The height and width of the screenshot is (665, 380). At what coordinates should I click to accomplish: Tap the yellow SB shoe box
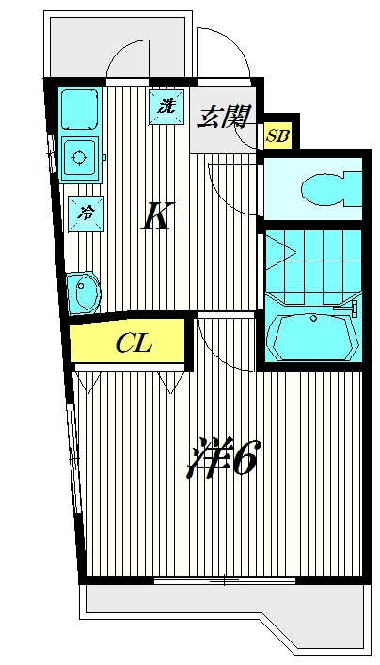coord(277,135)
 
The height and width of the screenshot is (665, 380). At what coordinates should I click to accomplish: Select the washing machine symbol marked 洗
coord(166,107)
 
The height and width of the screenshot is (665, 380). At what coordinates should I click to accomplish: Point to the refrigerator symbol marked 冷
coord(87,214)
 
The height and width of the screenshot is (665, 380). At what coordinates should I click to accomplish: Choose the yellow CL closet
coord(127,341)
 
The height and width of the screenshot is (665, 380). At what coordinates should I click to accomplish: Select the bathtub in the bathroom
coord(313,337)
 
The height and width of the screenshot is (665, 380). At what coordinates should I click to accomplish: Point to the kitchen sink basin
coord(81,108)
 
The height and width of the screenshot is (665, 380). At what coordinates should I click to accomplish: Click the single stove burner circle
coord(79,159)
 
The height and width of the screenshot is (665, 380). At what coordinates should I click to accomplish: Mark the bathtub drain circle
coord(313,318)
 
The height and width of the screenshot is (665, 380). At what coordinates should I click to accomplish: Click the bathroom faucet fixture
coord(349,309)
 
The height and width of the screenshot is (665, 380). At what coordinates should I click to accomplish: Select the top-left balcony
coord(118,47)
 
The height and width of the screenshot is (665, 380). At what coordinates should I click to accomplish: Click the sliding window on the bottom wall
coord(225,579)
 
